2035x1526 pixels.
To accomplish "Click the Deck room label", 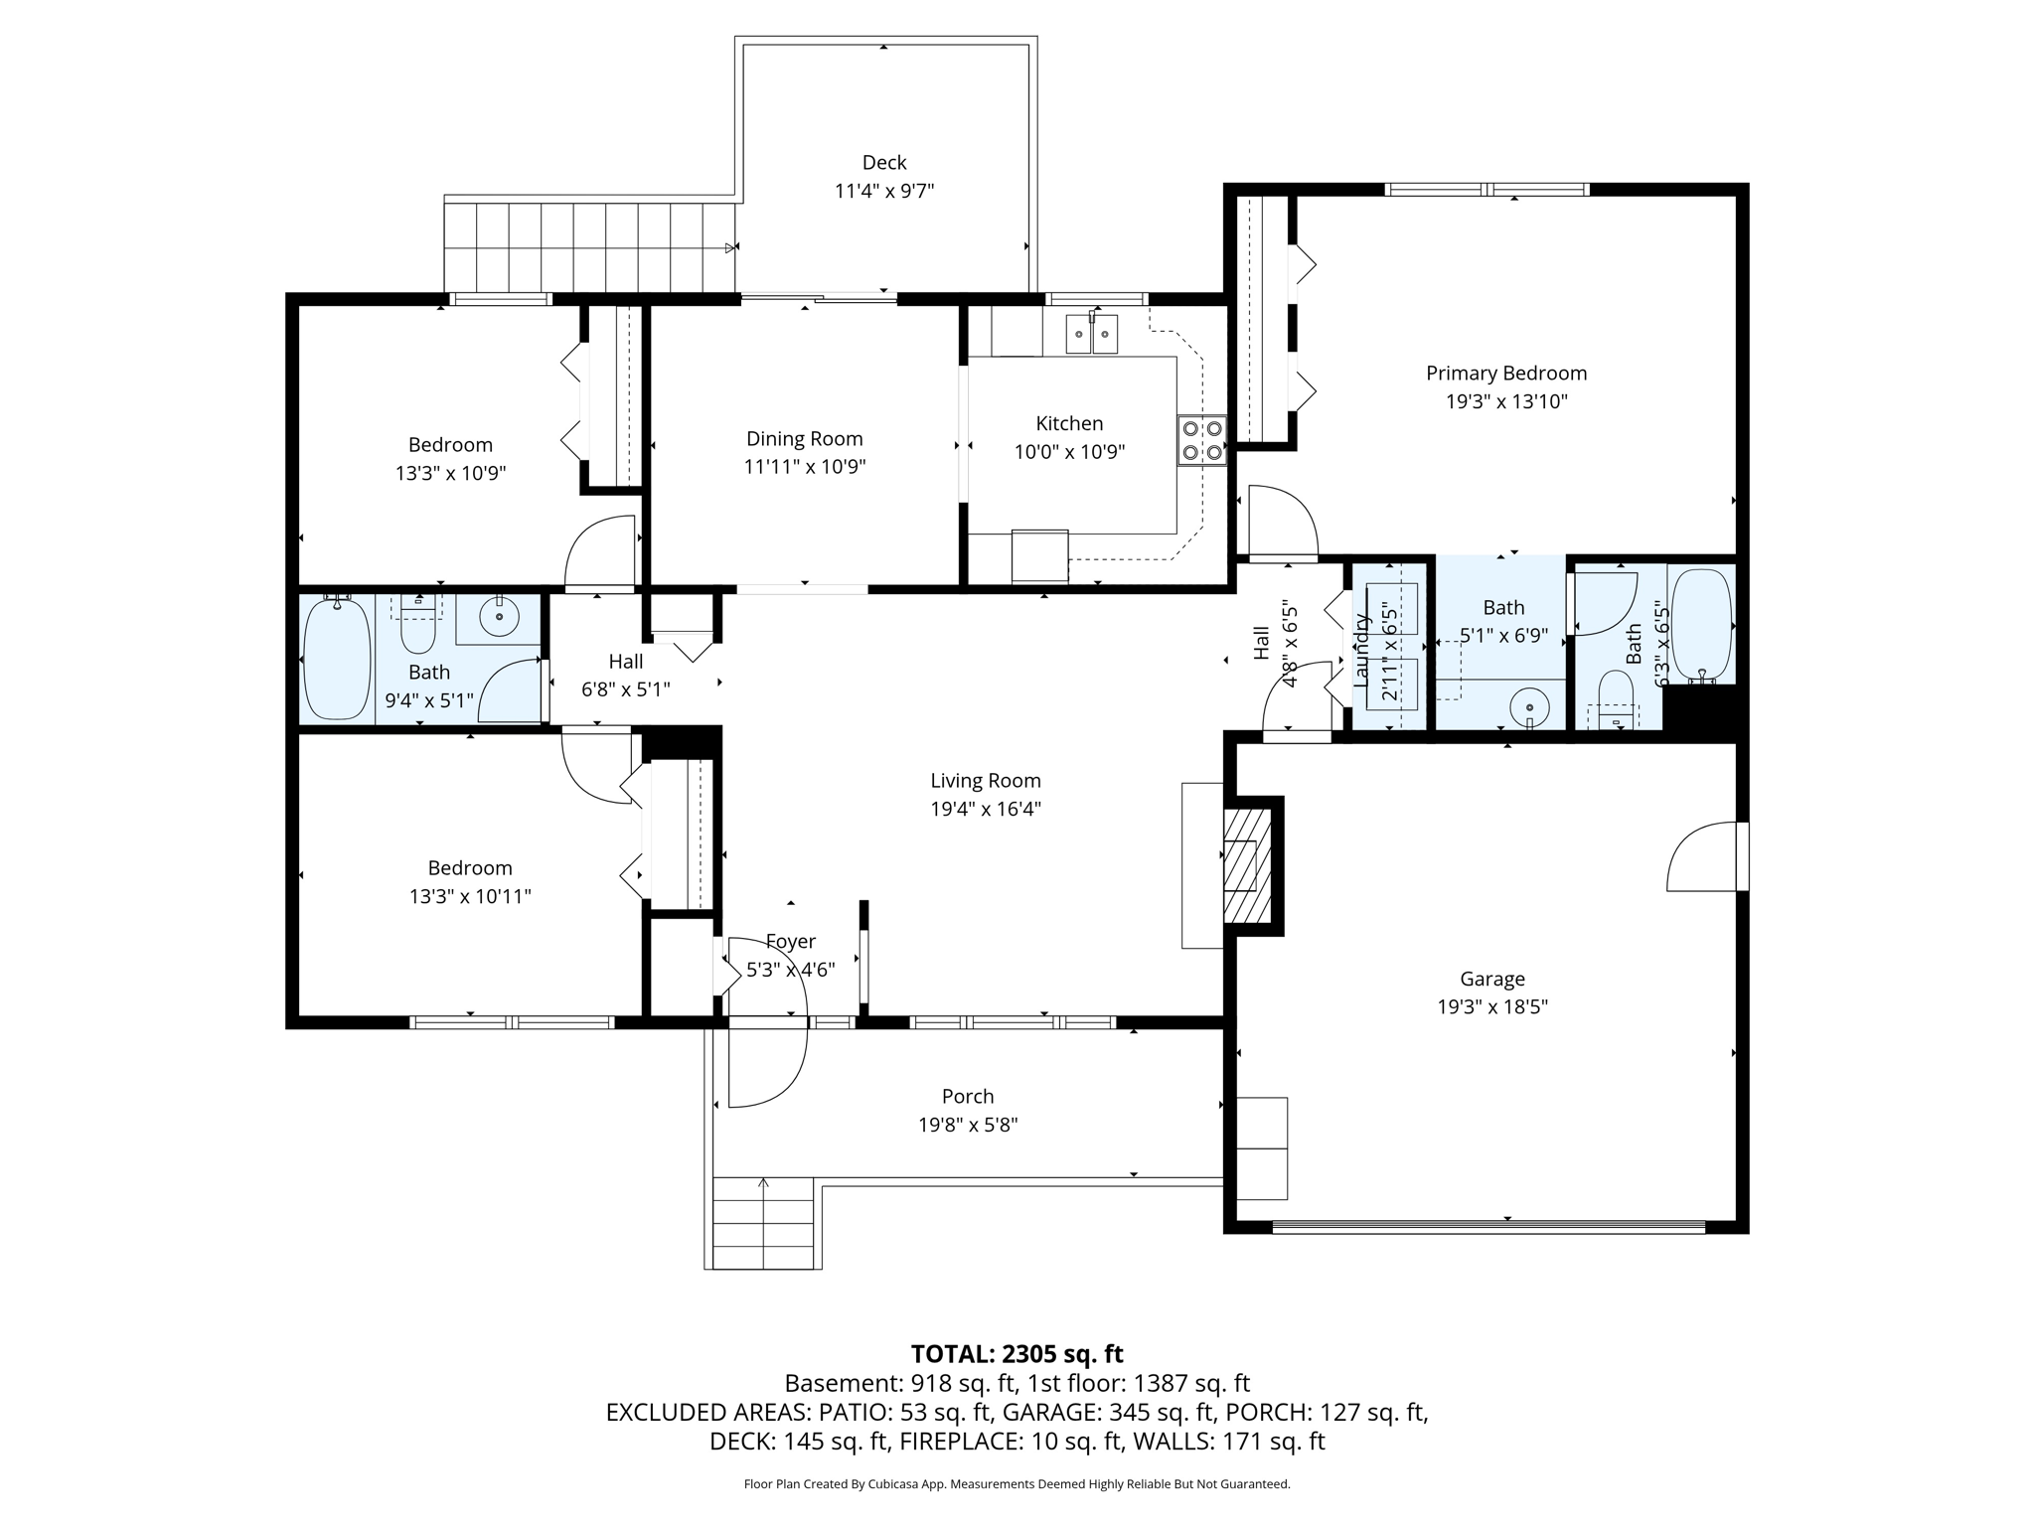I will [883, 163].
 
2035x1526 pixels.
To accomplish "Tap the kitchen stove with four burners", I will [1201, 441].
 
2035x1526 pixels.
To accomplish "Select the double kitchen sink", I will [1092, 334].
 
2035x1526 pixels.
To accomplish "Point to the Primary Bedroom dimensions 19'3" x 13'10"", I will [1505, 402].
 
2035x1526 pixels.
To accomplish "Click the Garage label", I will [1491, 979].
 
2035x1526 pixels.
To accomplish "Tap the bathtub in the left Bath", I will [336, 658].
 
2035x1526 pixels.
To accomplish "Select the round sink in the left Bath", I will [499, 617].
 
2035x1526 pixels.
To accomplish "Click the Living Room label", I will [985, 781].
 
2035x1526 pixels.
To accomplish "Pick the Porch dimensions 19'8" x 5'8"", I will [967, 1126].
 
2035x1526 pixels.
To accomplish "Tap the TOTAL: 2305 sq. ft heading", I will [1017, 1354].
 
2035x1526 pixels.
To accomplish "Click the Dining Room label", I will [804, 439].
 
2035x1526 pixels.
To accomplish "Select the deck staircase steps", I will [590, 247].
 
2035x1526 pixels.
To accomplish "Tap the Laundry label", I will [1361, 650].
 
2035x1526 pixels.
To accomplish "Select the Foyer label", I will [790, 941].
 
